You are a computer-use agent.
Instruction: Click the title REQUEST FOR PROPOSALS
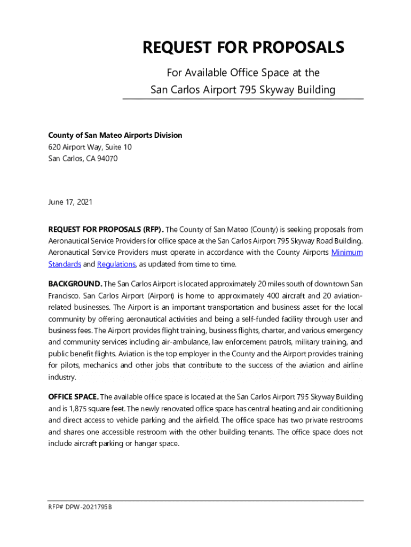tap(243, 48)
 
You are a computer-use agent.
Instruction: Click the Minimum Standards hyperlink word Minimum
tap(347, 252)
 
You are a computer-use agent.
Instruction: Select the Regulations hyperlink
tap(116, 264)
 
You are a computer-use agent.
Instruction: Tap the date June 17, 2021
tap(70, 202)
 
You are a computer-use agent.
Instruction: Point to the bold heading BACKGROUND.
tap(75, 283)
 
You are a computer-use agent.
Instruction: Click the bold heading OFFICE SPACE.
tap(73, 397)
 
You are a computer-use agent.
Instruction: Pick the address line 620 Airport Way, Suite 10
tap(90, 147)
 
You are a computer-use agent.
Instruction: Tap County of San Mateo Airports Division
tap(115, 135)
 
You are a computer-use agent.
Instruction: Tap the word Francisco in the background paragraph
tap(64, 295)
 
